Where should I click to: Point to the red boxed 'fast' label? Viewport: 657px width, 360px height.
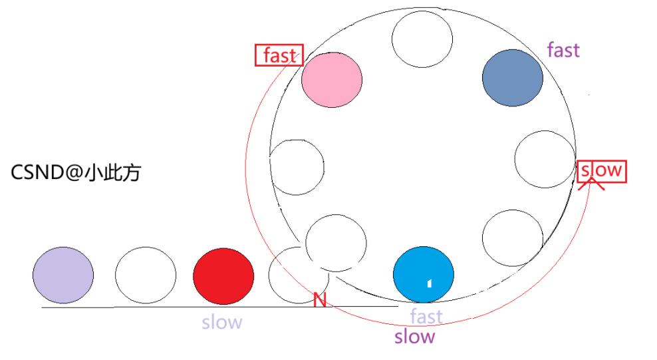point(279,56)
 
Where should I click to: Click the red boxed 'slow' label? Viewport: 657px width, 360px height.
point(601,171)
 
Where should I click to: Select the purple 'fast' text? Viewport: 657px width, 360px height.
point(563,50)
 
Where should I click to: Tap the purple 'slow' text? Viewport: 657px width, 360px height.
point(414,337)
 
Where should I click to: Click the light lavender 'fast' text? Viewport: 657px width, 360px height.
point(426,316)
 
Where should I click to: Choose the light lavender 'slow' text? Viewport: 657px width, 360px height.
point(222,323)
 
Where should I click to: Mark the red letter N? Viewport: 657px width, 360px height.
point(320,301)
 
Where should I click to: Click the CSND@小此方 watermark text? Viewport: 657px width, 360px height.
point(76,174)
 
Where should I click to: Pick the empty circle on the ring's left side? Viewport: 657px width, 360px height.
point(297,166)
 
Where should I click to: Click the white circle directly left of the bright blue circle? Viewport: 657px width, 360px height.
point(336,243)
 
